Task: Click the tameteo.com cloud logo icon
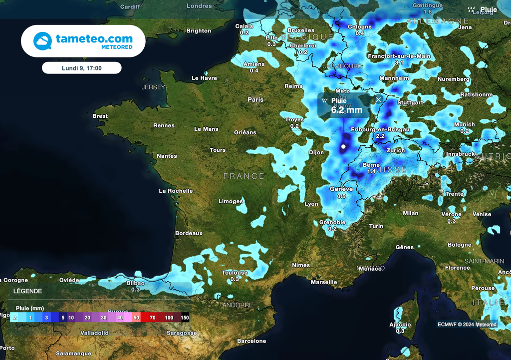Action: (42, 41)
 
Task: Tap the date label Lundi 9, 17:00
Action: (81, 68)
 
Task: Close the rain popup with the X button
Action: (378, 100)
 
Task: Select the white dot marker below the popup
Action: (343, 147)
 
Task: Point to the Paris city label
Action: (255, 100)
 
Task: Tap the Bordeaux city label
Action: (189, 233)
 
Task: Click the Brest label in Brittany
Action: (100, 116)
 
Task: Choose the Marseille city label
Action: (323, 282)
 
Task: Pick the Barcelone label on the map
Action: (252, 342)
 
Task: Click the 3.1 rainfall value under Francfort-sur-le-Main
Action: (399, 63)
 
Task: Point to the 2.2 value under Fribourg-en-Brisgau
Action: (380, 136)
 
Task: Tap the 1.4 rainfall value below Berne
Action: (371, 171)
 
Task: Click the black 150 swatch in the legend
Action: (185, 318)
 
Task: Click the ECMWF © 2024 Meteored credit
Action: (467, 325)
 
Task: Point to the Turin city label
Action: (376, 226)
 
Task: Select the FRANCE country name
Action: (244, 176)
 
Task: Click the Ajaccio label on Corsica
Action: (400, 325)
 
